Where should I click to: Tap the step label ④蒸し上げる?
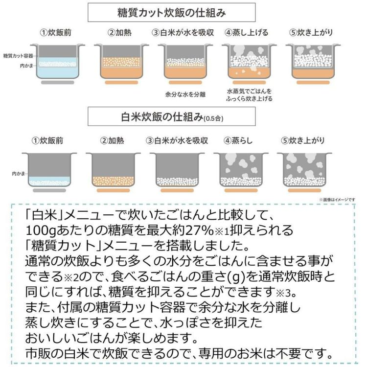[x=247, y=33]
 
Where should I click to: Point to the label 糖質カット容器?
[x=17, y=56]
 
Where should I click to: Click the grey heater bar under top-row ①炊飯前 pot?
[x=57, y=82]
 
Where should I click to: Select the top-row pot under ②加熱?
[x=121, y=61]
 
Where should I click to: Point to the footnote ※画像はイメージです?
[x=337, y=200]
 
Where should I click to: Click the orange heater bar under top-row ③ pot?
[x=184, y=82]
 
